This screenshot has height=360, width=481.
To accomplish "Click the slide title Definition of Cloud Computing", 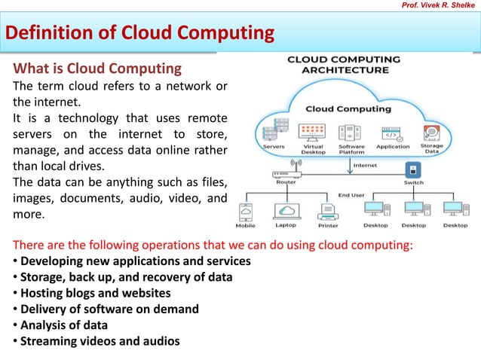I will tap(140, 33).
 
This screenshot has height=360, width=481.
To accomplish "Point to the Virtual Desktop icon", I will tap(312, 133).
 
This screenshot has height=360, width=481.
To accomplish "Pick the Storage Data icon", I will tap(432, 133).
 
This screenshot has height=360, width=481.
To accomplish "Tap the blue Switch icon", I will tap(412, 169).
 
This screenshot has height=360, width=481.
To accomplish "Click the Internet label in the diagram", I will tap(365, 165).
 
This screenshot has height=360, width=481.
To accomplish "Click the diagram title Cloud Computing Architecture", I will tap(345, 64).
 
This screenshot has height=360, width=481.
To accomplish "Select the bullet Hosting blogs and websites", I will tap(95, 293).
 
